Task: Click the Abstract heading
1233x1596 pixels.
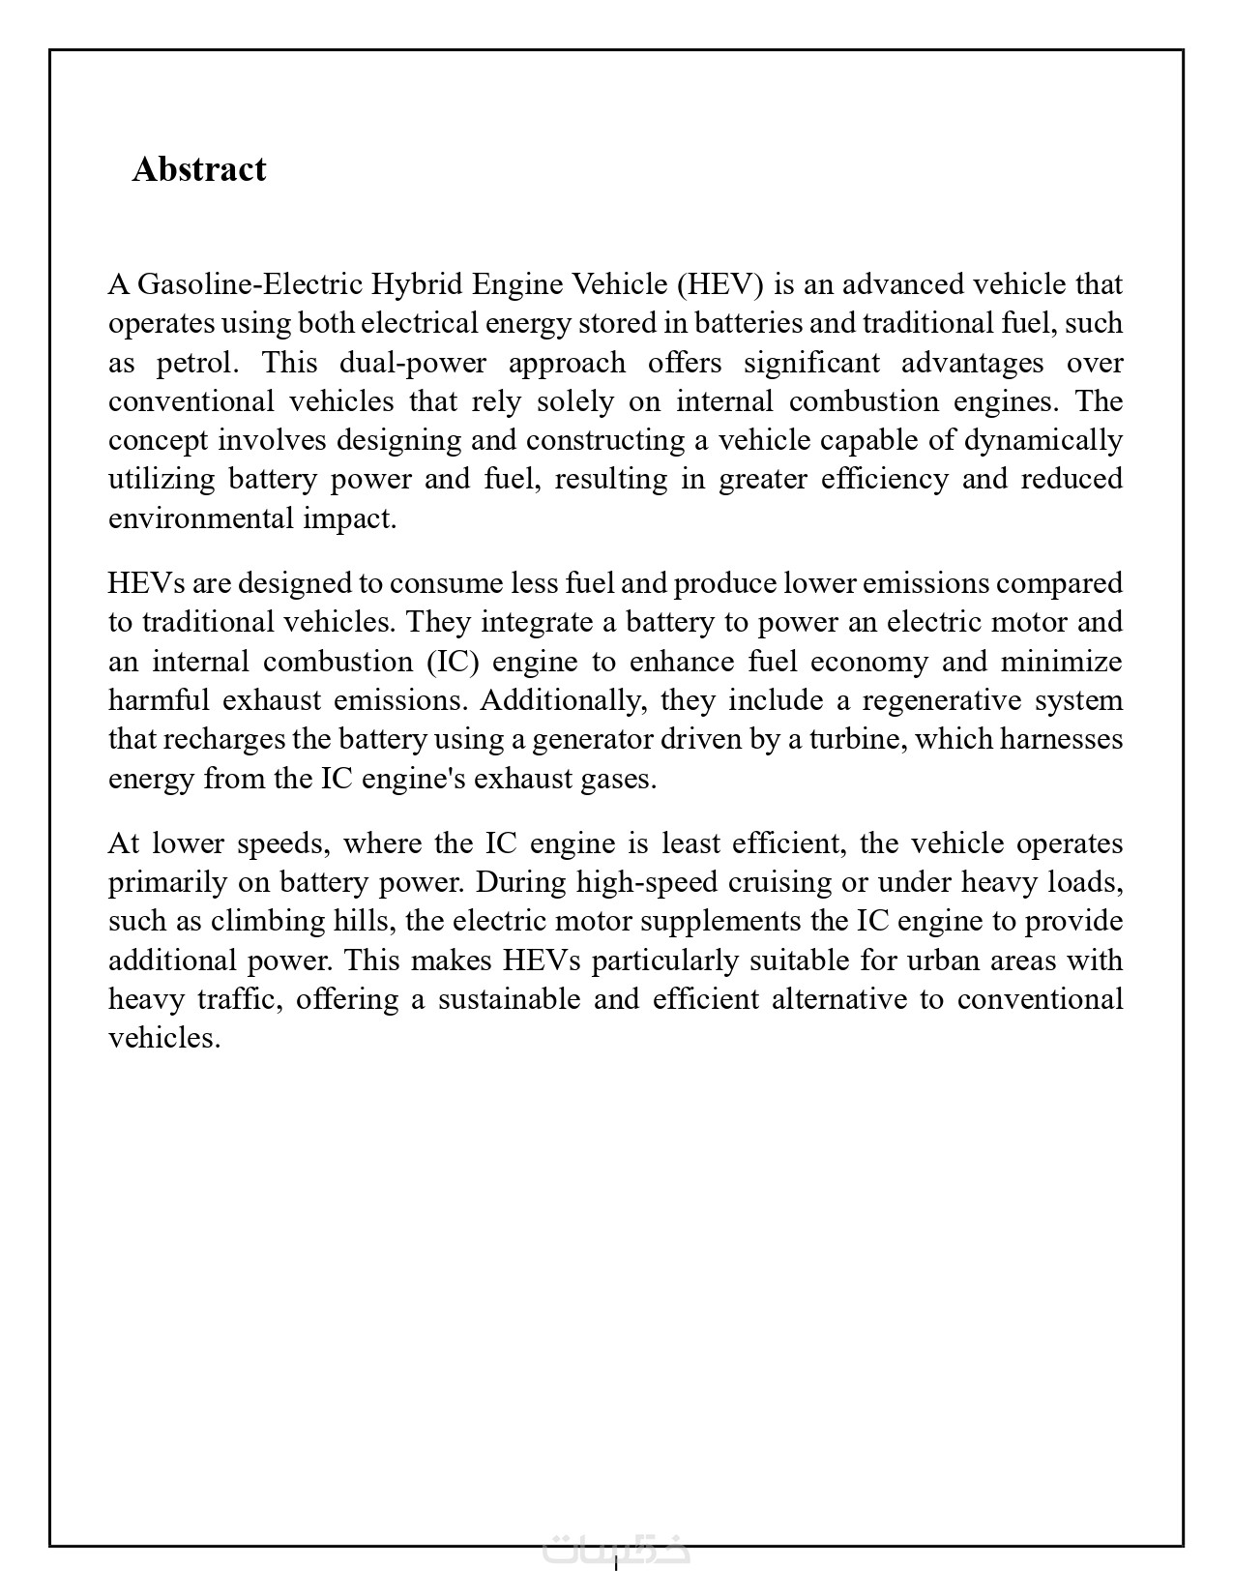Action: (199, 169)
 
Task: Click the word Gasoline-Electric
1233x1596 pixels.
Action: (250, 284)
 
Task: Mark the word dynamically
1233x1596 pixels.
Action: (1043, 440)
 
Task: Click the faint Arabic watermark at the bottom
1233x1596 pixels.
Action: (616, 1549)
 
